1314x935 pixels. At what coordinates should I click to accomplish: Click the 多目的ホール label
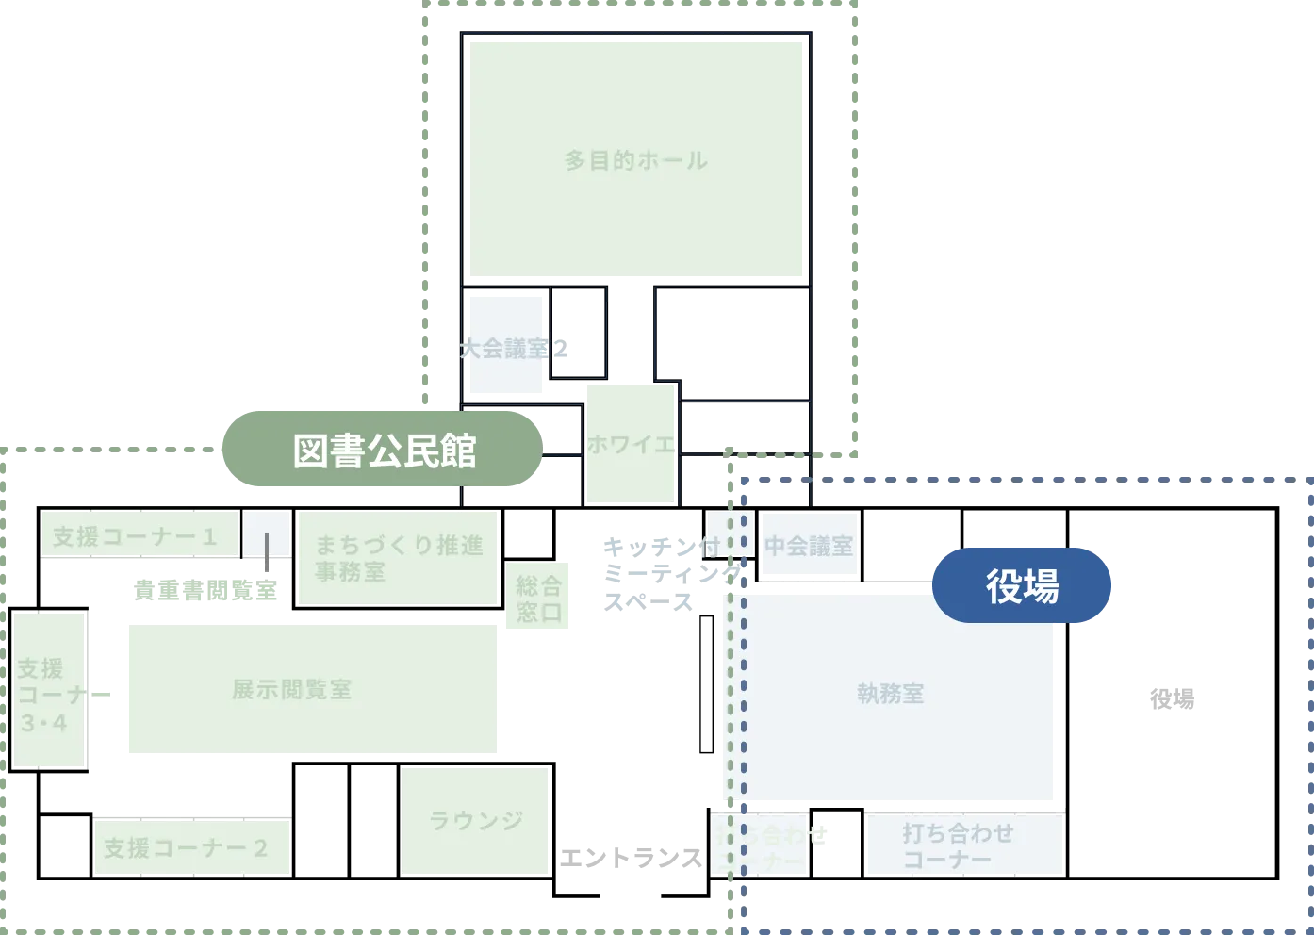click(636, 160)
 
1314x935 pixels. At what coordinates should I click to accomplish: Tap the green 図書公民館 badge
click(382, 450)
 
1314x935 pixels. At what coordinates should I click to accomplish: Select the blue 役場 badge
click(1022, 584)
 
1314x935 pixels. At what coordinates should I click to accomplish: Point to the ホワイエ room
click(631, 443)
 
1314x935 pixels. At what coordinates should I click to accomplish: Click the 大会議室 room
click(505, 348)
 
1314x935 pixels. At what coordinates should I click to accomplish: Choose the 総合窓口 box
click(538, 599)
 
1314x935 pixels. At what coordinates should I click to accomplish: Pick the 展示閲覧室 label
click(292, 689)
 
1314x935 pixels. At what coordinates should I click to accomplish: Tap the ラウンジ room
click(475, 820)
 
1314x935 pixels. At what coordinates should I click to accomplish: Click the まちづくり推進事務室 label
click(397, 557)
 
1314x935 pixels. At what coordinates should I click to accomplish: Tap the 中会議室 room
click(809, 546)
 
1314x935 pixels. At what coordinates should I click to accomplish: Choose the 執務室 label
click(890, 694)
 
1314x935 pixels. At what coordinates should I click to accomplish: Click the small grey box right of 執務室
click(1172, 702)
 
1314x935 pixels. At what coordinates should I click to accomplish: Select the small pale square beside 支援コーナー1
click(266, 535)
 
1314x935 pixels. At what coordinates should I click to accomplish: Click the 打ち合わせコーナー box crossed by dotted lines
click(760, 844)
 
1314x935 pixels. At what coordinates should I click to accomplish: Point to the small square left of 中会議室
click(730, 533)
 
